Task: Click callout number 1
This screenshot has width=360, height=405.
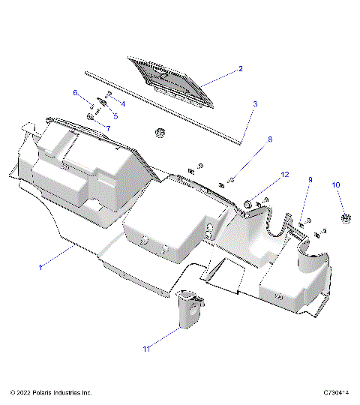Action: [40, 266]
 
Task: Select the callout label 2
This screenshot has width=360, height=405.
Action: [240, 68]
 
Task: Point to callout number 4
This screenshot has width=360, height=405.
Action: [123, 103]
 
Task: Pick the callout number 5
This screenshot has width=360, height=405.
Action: [115, 116]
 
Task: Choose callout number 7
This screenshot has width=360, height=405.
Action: [107, 128]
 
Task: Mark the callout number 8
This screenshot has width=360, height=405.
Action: [270, 139]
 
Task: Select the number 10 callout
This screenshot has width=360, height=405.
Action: [336, 184]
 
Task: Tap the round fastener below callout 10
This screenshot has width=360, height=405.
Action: [346, 218]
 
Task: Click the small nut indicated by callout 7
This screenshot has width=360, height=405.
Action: [91, 118]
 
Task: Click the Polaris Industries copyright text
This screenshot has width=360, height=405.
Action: [51, 392]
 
